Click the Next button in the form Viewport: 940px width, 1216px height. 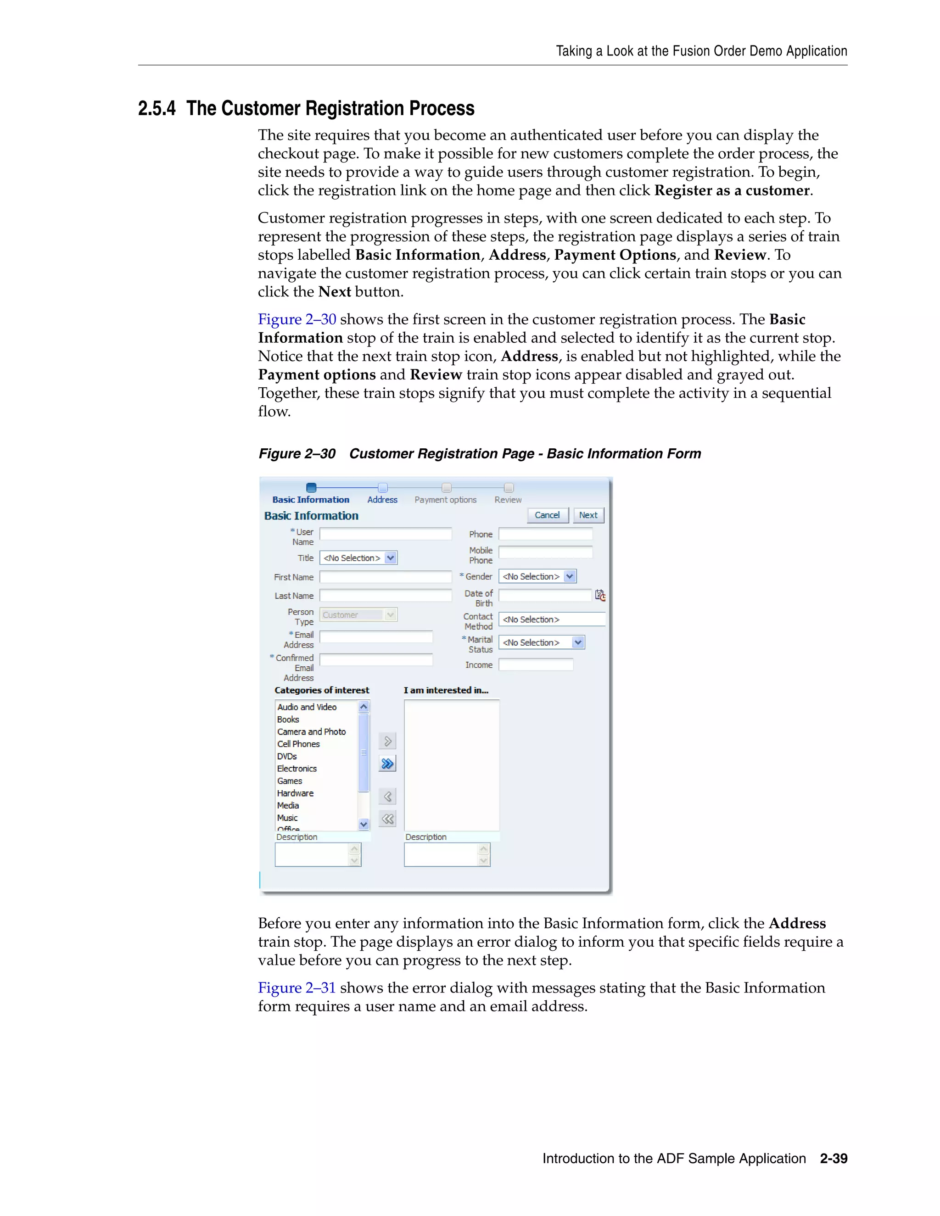[588, 515]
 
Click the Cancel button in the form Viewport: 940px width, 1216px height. [547, 515]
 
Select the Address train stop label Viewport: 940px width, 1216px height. [382, 500]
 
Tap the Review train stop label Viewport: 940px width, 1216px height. [508, 500]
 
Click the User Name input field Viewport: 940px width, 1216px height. [386, 534]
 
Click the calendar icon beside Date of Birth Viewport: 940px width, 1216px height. [600, 595]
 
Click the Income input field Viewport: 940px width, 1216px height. [535, 665]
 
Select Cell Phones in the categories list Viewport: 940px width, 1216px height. [298, 744]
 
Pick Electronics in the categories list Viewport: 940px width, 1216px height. [297, 768]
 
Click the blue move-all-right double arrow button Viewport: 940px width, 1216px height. [387, 764]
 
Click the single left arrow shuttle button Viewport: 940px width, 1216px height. [387, 796]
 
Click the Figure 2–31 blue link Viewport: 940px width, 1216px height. [297, 988]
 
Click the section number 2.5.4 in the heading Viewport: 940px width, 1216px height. [157, 109]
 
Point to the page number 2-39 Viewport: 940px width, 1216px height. [833, 1159]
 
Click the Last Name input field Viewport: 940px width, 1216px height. [386, 595]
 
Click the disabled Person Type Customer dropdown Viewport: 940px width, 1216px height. [358, 615]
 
